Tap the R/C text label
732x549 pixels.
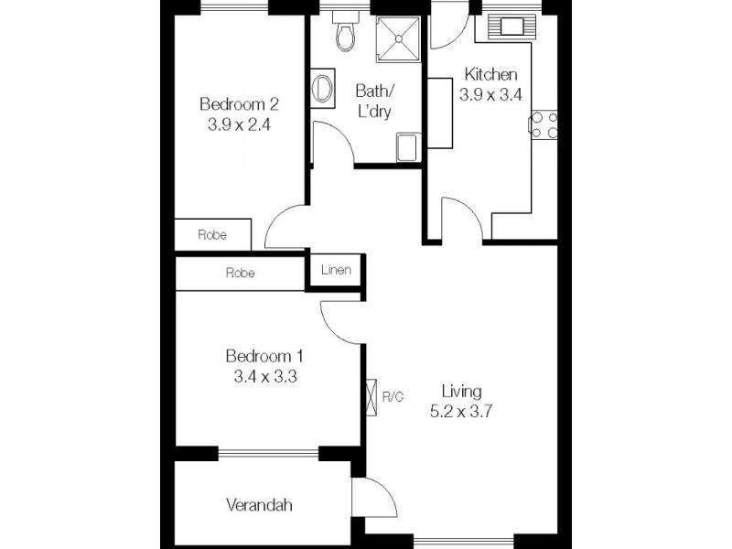pos(393,397)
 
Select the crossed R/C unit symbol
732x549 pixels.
pos(371,397)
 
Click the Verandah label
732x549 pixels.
pos(261,504)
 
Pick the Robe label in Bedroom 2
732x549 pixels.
pos(212,234)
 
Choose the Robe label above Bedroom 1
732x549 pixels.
pos(240,273)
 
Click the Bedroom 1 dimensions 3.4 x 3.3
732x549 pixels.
pos(264,375)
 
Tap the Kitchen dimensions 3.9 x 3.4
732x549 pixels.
pos(490,93)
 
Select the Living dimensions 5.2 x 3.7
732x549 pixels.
pos(462,412)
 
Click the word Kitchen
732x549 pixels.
pos(491,75)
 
